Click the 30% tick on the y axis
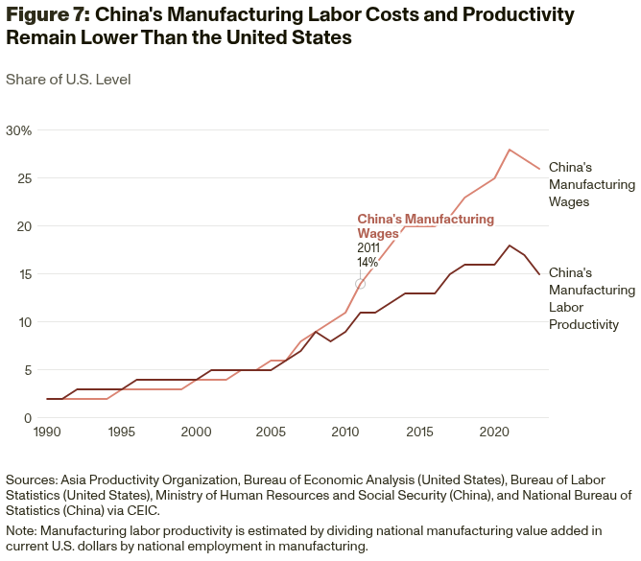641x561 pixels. (18, 130)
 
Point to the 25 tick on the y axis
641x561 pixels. (23, 178)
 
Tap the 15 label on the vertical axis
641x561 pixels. (23, 274)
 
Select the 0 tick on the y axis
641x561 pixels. (28, 418)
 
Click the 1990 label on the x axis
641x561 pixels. (48, 433)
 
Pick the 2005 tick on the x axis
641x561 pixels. (271, 433)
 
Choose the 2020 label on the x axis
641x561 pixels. (494, 433)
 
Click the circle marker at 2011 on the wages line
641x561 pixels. (360, 284)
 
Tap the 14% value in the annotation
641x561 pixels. (368, 263)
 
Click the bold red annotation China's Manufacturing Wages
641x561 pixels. (425, 226)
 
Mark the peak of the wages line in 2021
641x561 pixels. (510, 150)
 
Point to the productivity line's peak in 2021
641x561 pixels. (510, 245)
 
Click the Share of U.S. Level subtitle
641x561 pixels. (68, 80)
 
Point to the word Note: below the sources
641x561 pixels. (23, 529)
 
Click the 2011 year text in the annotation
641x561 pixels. (368, 248)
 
